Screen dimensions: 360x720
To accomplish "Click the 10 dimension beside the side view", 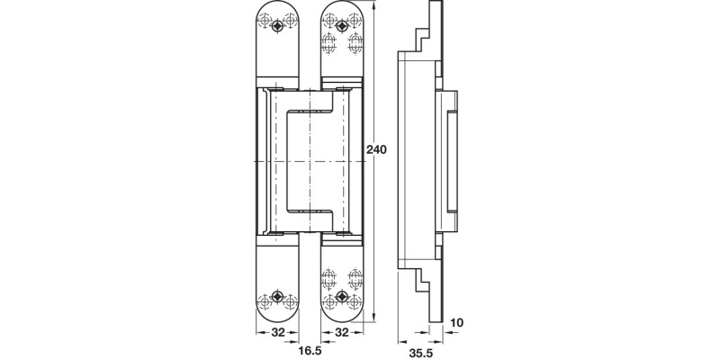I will pos(457,321).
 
